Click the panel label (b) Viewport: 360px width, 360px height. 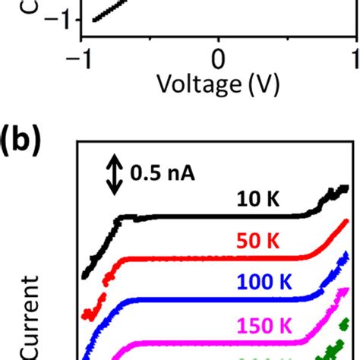click(26, 142)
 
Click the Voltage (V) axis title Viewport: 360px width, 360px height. click(219, 105)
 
